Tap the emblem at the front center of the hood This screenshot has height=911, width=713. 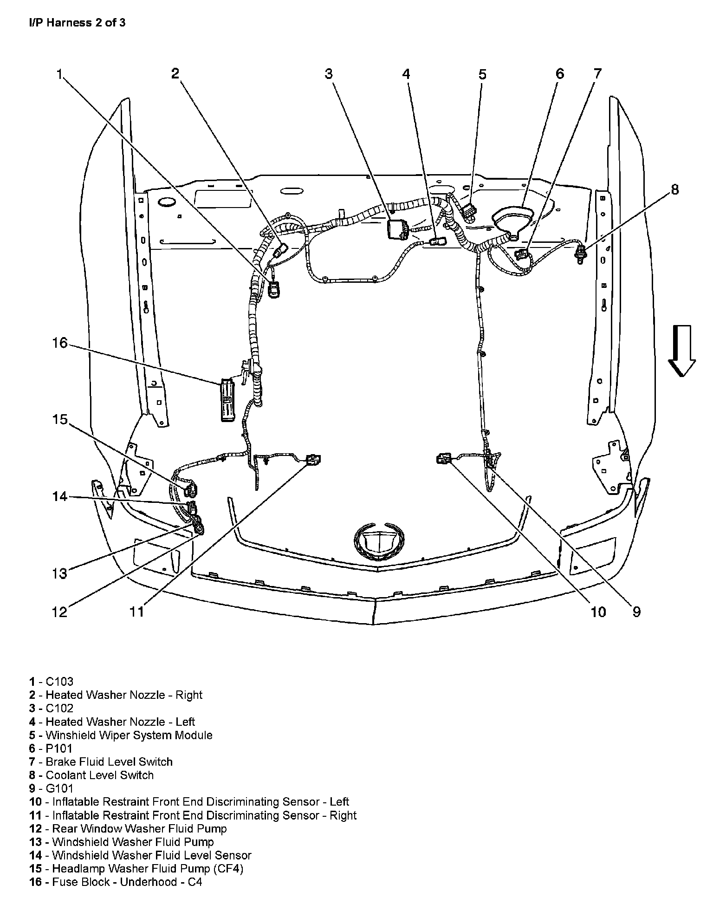[x=376, y=541]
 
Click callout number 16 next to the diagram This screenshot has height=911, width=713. [x=60, y=343]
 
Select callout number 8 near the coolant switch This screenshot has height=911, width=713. [x=674, y=189]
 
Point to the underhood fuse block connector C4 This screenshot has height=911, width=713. [x=227, y=400]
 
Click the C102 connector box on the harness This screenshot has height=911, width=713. [x=396, y=229]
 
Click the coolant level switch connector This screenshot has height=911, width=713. [x=580, y=254]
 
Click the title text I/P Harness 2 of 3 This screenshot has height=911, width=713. [x=77, y=23]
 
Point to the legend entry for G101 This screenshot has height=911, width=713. [x=51, y=788]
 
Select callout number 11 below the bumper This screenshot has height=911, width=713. [x=136, y=612]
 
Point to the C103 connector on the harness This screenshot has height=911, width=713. [x=275, y=290]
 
